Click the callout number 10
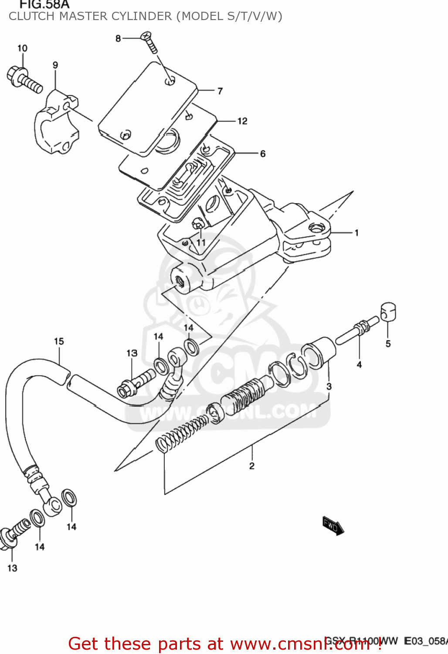click(22, 48)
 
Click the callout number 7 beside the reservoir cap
click(220, 91)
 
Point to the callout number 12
click(242, 121)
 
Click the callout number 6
click(262, 154)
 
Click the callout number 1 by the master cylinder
click(356, 233)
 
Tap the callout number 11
click(201, 242)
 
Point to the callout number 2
click(251, 466)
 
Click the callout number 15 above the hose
click(59, 341)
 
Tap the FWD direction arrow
click(333, 525)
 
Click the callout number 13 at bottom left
click(12, 568)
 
